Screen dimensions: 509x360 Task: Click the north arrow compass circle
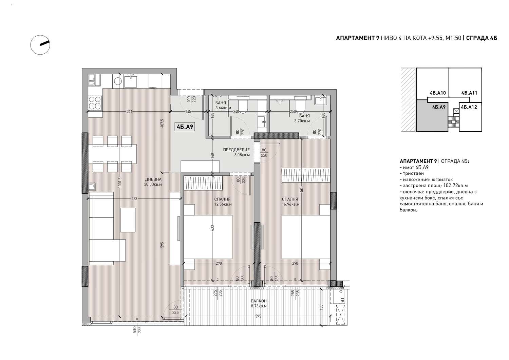click(x=31, y=45)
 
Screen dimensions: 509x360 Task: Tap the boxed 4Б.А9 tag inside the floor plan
click(x=185, y=127)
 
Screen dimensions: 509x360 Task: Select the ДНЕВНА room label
click(x=153, y=179)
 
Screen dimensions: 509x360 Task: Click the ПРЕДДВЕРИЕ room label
click(x=236, y=150)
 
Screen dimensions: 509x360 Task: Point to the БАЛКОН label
click(x=259, y=301)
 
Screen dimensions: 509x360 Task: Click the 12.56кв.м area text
click(x=223, y=204)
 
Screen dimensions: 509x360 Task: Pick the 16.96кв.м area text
click(x=290, y=204)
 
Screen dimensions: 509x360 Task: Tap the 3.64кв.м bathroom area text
click(x=223, y=108)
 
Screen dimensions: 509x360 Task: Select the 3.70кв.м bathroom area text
click(x=302, y=121)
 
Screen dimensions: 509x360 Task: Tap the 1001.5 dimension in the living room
click(x=120, y=182)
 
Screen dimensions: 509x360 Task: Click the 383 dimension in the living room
click(x=134, y=198)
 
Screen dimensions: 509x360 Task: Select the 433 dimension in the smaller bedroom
click(x=212, y=228)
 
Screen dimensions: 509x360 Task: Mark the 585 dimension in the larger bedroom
click(x=302, y=189)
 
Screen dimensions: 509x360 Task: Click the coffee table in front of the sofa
click(x=128, y=220)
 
